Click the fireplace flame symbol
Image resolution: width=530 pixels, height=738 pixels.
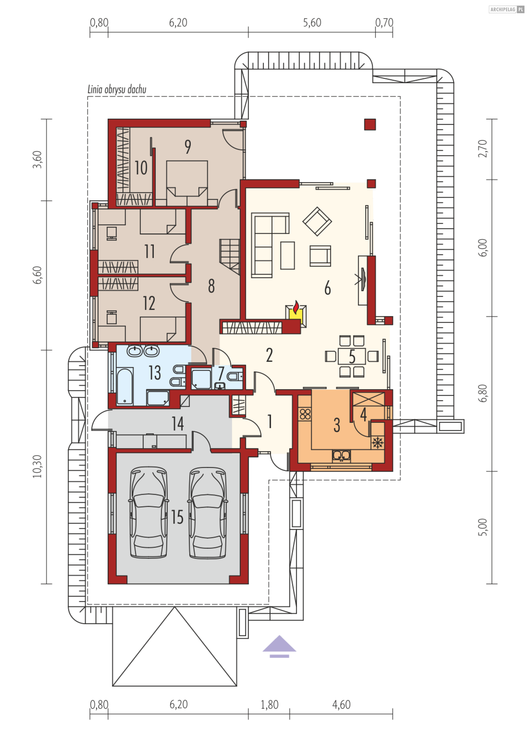296,307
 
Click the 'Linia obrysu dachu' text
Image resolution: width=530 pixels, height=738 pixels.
117,89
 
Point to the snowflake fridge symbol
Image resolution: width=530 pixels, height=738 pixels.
377,442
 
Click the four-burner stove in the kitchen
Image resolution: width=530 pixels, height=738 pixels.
305,414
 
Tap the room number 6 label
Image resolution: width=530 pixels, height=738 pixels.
327,288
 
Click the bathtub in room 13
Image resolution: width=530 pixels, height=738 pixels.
125,386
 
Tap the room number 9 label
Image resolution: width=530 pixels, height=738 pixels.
188,147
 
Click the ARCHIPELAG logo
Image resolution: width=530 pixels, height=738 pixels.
506,9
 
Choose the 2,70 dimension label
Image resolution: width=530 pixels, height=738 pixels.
483,149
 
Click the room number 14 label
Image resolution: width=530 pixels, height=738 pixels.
178,423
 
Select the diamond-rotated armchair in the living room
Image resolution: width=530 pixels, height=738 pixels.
317,222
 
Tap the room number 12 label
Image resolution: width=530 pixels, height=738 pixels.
149,303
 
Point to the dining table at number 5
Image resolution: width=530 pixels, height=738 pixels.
352,356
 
